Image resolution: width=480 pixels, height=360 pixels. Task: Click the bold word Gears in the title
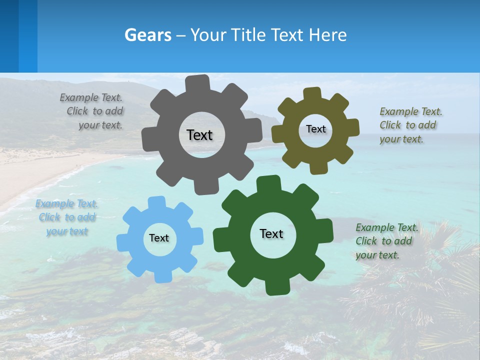148,35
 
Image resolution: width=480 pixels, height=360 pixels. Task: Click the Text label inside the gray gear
199,135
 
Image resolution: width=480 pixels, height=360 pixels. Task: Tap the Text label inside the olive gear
315,129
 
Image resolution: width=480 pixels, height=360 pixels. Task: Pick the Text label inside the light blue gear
159,238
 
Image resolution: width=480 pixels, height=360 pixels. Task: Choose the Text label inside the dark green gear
271,233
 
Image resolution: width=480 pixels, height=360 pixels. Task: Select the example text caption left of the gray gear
93,111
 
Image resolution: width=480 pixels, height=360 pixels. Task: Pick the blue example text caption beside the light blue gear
66,217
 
